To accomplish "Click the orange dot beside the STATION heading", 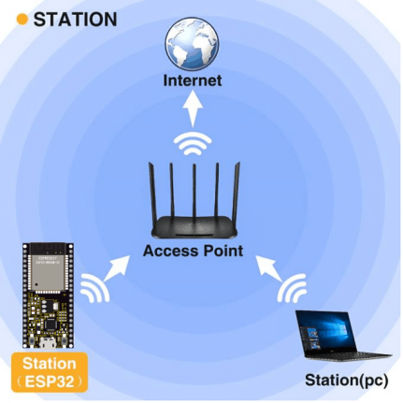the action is (22, 20).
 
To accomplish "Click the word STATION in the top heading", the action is (75, 20).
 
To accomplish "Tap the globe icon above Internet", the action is (192, 43).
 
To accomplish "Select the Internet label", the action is (193, 80).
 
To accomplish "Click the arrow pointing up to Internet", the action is (193, 108).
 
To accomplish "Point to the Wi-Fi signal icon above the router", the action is (193, 144).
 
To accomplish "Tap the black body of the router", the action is (194, 227).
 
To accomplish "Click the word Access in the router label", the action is (170, 251).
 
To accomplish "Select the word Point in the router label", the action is (223, 251).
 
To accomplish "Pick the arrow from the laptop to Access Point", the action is (269, 268).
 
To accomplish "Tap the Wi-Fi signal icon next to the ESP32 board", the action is (95, 288).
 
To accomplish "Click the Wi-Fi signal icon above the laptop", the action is (292, 288).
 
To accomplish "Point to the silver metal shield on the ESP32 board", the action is (49, 273).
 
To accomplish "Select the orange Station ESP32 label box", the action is (50, 372).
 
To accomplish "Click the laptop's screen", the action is (324, 331).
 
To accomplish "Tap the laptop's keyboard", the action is (348, 354).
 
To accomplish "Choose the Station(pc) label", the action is (347, 381).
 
